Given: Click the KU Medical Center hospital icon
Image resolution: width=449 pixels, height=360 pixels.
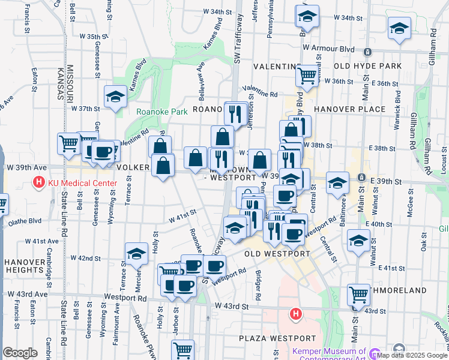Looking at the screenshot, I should (x=39, y=181).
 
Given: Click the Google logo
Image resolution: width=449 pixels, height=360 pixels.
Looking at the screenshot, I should (x=20, y=353).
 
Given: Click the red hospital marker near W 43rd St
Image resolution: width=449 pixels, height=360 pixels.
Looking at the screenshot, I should (x=295, y=313).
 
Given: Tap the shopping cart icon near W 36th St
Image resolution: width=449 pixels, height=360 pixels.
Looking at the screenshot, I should (x=307, y=76).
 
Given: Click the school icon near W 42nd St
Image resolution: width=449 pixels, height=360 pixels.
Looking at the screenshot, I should (x=136, y=254).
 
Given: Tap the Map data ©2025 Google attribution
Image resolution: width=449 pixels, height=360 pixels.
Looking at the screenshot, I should (x=412, y=355).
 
